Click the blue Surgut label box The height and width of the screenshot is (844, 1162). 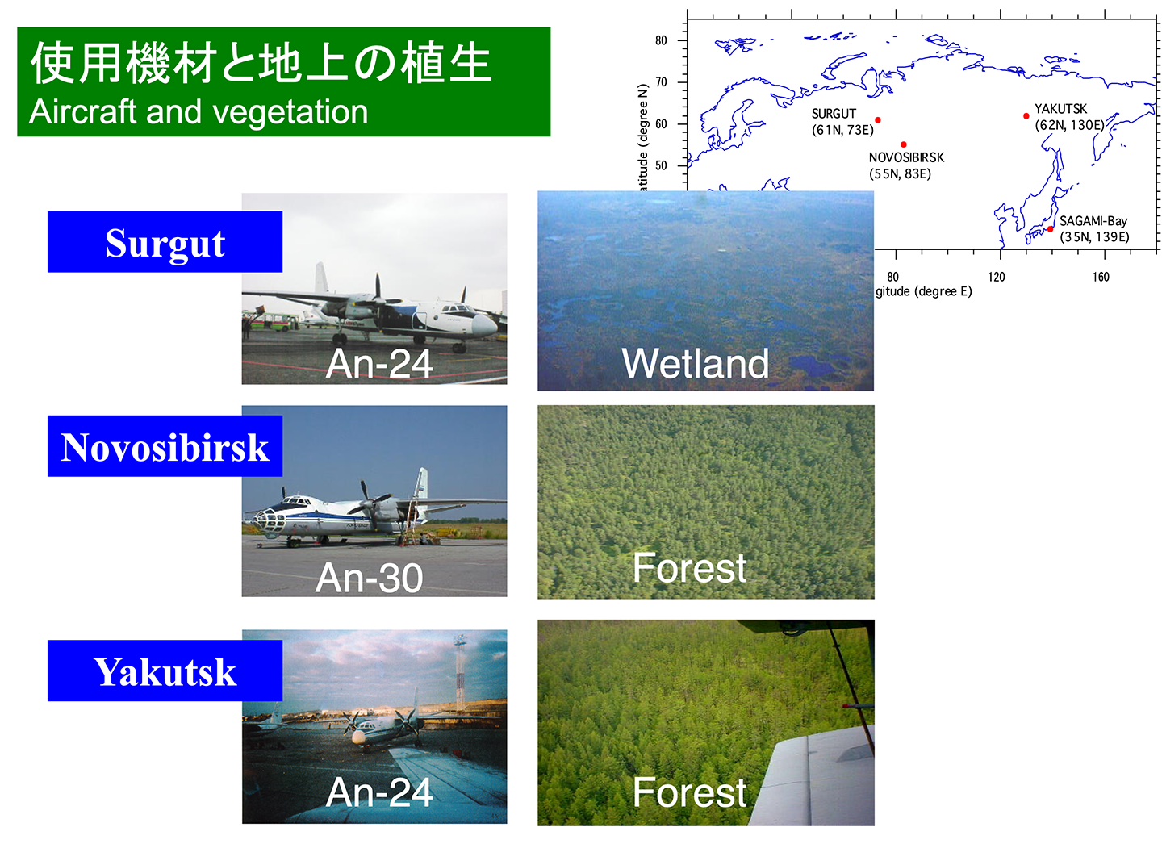pos(165,242)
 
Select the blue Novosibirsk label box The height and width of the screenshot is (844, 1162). pos(165,446)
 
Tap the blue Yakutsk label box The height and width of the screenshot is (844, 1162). pos(165,671)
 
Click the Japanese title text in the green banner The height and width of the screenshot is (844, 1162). pos(261,63)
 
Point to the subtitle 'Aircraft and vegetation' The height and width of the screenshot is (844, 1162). pos(199,112)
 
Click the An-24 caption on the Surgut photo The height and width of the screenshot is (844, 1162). pos(379,363)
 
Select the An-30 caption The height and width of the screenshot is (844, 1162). pos(370,577)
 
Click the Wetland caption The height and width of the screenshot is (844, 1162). pos(696,363)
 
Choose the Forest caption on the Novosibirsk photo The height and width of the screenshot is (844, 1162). pos(689,567)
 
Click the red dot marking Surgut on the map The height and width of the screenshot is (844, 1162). pos(878,120)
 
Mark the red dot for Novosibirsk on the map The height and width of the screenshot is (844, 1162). pos(904,144)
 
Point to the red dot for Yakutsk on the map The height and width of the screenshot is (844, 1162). pos(1026,116)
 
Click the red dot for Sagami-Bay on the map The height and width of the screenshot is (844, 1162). pos(1050,229)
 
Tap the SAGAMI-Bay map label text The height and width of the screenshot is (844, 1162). pos(1093,221)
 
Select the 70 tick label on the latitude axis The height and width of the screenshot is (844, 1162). pos(661,82)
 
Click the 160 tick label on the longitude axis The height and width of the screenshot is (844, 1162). pos(1101,277)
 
